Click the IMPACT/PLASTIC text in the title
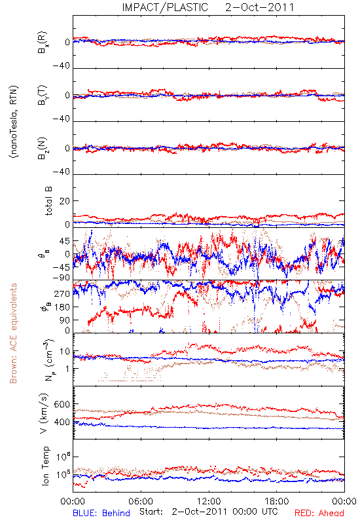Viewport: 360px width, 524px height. pos(165,7)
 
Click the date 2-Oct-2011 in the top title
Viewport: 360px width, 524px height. pos(259,7)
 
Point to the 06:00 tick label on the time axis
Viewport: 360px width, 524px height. pos(141,501)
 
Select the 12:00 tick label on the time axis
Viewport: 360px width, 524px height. pos(209,501)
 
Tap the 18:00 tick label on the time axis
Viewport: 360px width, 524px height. pos(277,501)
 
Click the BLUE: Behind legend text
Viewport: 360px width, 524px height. pos(101,513)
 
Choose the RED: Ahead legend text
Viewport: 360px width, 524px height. pos(319,513)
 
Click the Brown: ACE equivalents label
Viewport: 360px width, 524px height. pos(13,333)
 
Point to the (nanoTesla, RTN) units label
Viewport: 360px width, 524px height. pos(14,122)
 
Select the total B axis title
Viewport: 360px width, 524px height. pos(48,201)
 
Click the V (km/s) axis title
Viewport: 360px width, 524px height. pos(44,413)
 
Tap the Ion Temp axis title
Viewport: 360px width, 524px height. pos(45,466)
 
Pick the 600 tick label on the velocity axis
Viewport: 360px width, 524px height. pos(62,404)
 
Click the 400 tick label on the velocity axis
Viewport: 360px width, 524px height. pos(62,422)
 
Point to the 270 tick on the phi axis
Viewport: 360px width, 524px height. pos(62,294)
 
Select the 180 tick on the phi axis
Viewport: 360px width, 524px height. pos(62,307)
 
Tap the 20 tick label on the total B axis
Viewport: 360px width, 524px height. pos(65,201)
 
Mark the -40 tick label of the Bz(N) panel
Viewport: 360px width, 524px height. pos(61,172)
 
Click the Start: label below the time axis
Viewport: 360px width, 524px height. pos(151,512)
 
